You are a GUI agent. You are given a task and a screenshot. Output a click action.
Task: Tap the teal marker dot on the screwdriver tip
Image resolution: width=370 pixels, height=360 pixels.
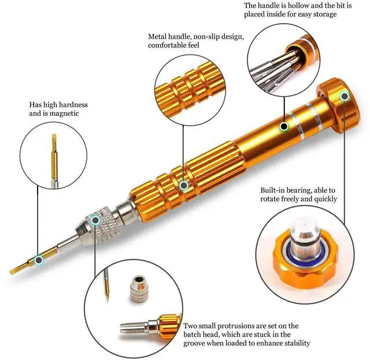[39, 260]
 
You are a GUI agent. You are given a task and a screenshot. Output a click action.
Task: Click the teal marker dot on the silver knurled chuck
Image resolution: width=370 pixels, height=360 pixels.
[95, 220]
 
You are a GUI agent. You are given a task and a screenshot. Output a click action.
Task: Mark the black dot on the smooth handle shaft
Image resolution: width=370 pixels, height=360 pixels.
[284, 126]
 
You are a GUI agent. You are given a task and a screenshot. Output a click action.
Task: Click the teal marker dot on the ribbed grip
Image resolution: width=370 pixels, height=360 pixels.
[184, 186]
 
